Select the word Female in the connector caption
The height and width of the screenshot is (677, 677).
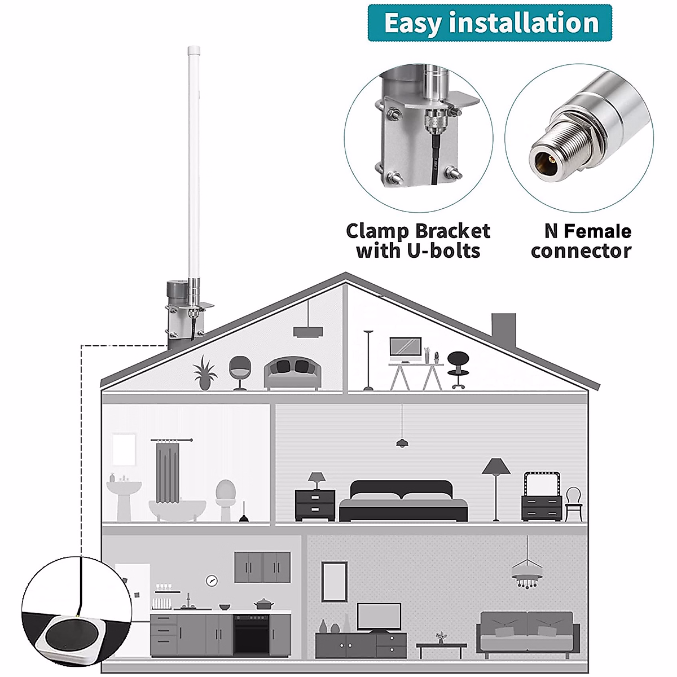coord(597,231)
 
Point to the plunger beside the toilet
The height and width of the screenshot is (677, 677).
coord(244,513)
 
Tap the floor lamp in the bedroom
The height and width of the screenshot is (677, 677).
coord(496,485)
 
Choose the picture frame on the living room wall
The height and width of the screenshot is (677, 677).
coord(334,581)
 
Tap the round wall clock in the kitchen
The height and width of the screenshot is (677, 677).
coord(212,579)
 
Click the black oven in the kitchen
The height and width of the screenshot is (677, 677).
coord(251,634)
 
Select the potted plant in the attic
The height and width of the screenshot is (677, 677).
coord(205,372)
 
